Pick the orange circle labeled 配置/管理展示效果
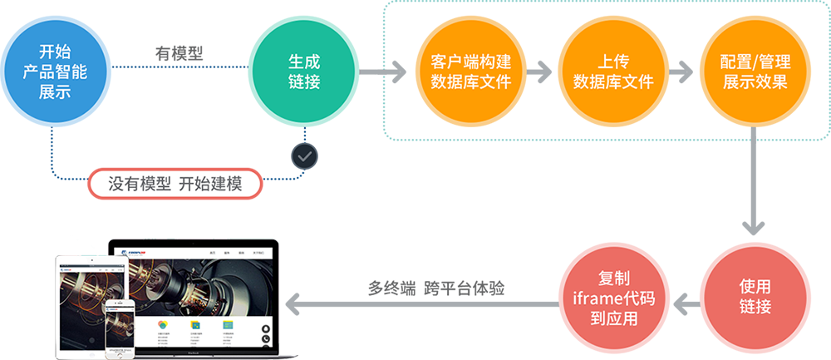[x=755, y=72]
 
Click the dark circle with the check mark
[x=305, y=155]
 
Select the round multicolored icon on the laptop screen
[x=164, y=324]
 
